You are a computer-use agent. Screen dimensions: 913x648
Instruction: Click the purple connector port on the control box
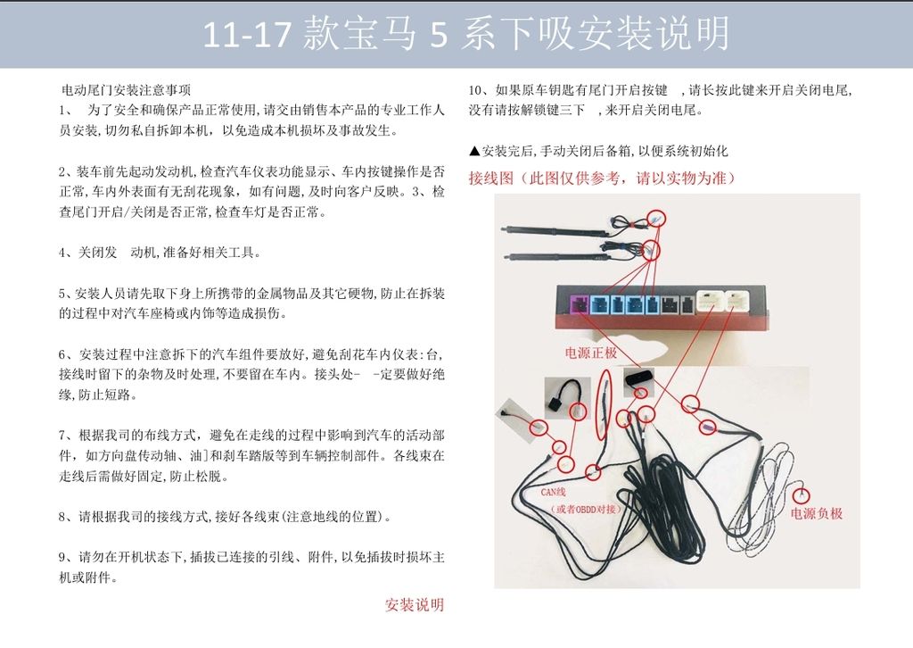(x=580, y=304)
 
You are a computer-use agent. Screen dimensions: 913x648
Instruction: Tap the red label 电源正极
(x=591, y=353)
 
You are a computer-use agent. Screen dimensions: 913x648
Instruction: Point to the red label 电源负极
(x=817, y=513)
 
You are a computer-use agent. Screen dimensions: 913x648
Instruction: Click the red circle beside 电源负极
(x=802, y=495)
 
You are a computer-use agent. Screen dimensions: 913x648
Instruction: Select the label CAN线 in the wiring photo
(x=553, y=493)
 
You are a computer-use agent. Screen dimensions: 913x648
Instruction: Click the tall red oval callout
(x=604, y=405)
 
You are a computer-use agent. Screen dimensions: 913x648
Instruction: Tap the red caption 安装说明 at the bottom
(x=415, y=605)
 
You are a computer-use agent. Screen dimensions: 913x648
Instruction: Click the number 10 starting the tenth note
(x=475, y=90)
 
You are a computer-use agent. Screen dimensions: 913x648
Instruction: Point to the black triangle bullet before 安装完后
(x=474, y=152)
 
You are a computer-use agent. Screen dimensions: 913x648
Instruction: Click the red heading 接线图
(x=491, y=178)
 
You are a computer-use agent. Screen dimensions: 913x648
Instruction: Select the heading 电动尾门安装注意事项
(x=127, y=90)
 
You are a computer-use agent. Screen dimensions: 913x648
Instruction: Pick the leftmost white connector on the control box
(x=710, y=301)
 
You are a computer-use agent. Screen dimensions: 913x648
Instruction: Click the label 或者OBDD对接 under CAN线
(x=586, y=510)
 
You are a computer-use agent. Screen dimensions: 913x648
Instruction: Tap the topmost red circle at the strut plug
(x=656, y=219)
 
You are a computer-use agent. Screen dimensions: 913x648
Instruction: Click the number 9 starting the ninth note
(x=62, y=558)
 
